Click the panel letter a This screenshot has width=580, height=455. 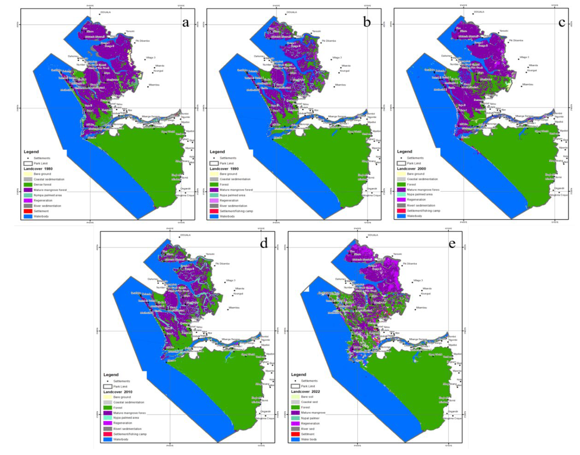pos(185,22)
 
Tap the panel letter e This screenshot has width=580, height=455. pos(452,244)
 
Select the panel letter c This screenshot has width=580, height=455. pos(562,22)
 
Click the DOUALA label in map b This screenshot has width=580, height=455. pos(292,12)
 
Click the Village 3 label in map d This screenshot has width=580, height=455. pos(231,280)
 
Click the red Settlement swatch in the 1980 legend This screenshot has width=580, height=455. pos(28,211)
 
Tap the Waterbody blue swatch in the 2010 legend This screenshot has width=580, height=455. pos(107,439)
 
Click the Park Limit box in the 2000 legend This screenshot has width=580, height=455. pos(401,163)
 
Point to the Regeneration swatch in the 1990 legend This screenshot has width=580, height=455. pos(214,200)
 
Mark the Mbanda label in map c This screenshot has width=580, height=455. pos(533,65)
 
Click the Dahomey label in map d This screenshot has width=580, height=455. pos(153,279)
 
